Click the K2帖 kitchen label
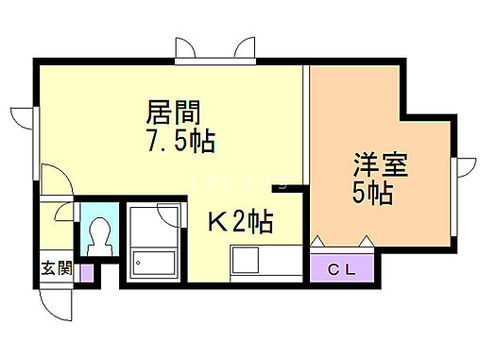click(241, 222)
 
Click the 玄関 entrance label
click(56, 268)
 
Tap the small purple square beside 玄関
click(87, 274)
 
